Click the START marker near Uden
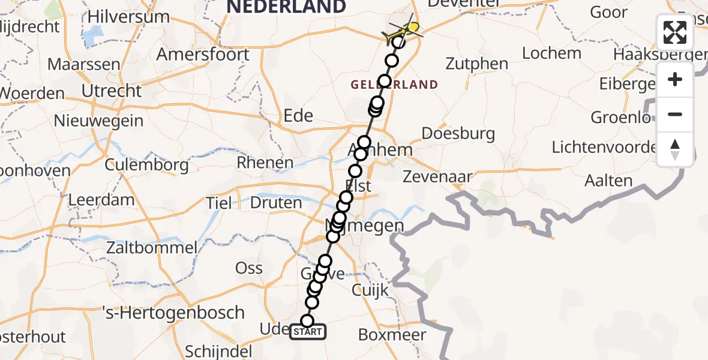tap(308, 331)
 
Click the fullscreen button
tap(675, 32)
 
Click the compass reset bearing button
tap(675, 149)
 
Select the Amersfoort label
tap(203, 54)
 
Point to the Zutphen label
tap(478, 64)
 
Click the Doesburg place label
tap(458, 133)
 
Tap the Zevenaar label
tap(437, 176)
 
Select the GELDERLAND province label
tap(395, 85)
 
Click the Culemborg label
tap(147, 165)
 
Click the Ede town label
tap(298, 115)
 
